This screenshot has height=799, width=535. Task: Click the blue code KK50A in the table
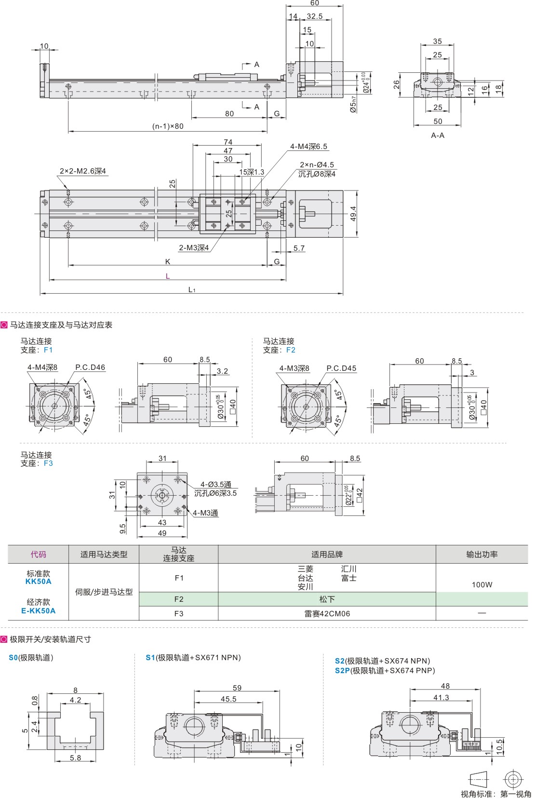39,582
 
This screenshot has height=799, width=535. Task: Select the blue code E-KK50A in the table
39,610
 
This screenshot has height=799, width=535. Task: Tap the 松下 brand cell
327,599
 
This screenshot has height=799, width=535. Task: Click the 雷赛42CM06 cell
327,614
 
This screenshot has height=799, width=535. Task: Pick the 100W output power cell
481,585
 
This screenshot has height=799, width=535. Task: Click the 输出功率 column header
481,555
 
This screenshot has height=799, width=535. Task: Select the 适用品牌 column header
327,555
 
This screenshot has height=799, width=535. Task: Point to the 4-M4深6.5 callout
308,147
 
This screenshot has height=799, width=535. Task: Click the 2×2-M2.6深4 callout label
83,171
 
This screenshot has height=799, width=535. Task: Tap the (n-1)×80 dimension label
168,126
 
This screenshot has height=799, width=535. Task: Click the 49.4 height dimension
353,214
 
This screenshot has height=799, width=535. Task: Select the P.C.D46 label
90,367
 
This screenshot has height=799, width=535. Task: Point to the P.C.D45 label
341,368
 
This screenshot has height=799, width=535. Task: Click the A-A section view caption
438,135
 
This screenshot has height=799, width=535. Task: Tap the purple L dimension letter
168,276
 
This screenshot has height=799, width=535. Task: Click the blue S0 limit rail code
13,658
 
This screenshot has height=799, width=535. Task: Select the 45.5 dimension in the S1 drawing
228,699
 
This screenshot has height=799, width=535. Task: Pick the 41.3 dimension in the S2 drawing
441,698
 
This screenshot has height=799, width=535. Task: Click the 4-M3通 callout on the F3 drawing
206,513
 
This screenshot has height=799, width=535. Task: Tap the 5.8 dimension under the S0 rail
76,758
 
